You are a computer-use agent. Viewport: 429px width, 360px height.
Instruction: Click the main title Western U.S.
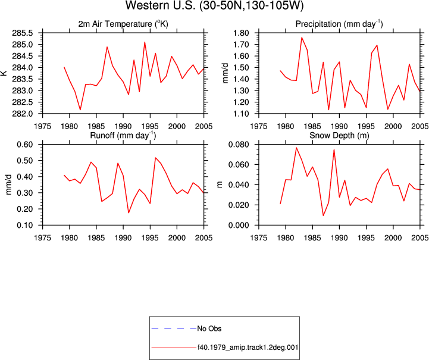pyautogui.click(x=214, y=5)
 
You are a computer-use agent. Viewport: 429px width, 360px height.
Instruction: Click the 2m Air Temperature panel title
pyautogui.click(x=123, y=24)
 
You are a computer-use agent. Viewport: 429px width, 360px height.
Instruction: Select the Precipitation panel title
pyautogui.click(x=339, y=24)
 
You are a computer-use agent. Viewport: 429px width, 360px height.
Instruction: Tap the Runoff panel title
pyautogui.click(x=123, y=136)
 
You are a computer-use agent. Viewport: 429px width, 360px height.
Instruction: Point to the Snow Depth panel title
pyautogui.click(x=339, y=136)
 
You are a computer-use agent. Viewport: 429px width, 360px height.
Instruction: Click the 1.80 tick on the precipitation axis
pyautogui.click(x=241, y=33)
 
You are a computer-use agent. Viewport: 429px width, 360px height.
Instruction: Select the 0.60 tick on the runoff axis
pyautogui.click(x=25, y=145)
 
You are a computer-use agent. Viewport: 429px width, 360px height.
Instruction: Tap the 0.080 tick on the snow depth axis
pyautogui.click(x=239, y=145)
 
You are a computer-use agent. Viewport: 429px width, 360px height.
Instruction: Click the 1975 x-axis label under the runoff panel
pyautogui.click(x=42, y=238)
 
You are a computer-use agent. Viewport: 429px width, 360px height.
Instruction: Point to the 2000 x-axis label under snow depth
pyautogui.click(x=393, y=238)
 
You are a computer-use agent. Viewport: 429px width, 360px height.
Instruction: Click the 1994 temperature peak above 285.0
pyautogui.click(x=145, y=42)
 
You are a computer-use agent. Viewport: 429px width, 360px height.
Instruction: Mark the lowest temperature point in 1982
pyautogui.click(x=80, y=109)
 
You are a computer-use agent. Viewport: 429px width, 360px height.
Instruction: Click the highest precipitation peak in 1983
pyautogui.click(x=302, y=37)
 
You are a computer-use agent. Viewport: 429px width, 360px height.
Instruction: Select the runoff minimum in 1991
pyautogui.click(x=129, y=212)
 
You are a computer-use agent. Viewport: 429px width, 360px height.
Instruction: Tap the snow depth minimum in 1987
pyautogui.click(x=323, y=215)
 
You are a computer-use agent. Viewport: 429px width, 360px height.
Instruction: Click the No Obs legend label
pyautogui.click(x=209, y=328)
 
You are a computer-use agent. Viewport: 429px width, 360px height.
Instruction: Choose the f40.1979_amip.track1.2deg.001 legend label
pyautogui.click(x=248, y=348)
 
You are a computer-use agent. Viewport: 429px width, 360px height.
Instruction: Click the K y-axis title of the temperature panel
pyautogui.click(x=4, y=73)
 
